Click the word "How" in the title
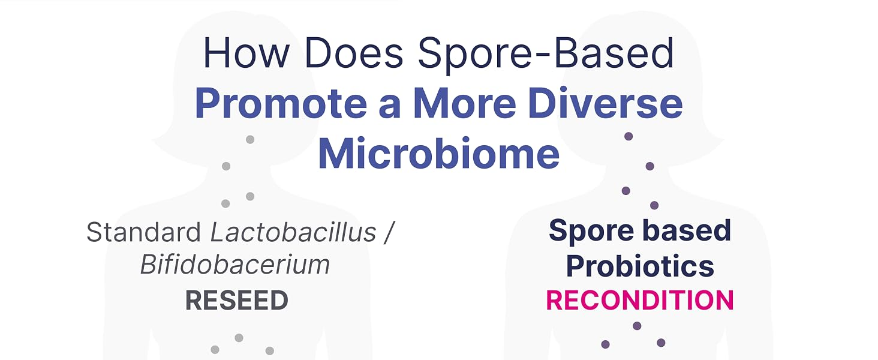click(246, 53)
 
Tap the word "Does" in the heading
click(354, 53)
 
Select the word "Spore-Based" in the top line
click(546, 55)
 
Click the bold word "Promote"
click(281, 103)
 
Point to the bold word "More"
click(464, 103)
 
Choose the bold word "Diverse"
click(605, 103)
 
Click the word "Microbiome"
click(438, 153)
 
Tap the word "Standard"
click(143, 232)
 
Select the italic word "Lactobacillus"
click(294, 232)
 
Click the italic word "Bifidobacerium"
click(234, 265)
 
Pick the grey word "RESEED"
click(237, 301)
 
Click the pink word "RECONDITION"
click(640, 301)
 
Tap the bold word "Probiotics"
click(640, 266)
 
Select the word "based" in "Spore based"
click(687, 230)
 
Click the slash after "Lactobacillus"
click(389, 232)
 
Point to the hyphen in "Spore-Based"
click(545, 56)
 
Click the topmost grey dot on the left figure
click(250, 139)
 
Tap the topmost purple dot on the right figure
click(629, 136)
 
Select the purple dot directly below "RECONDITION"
click(637, 326)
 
